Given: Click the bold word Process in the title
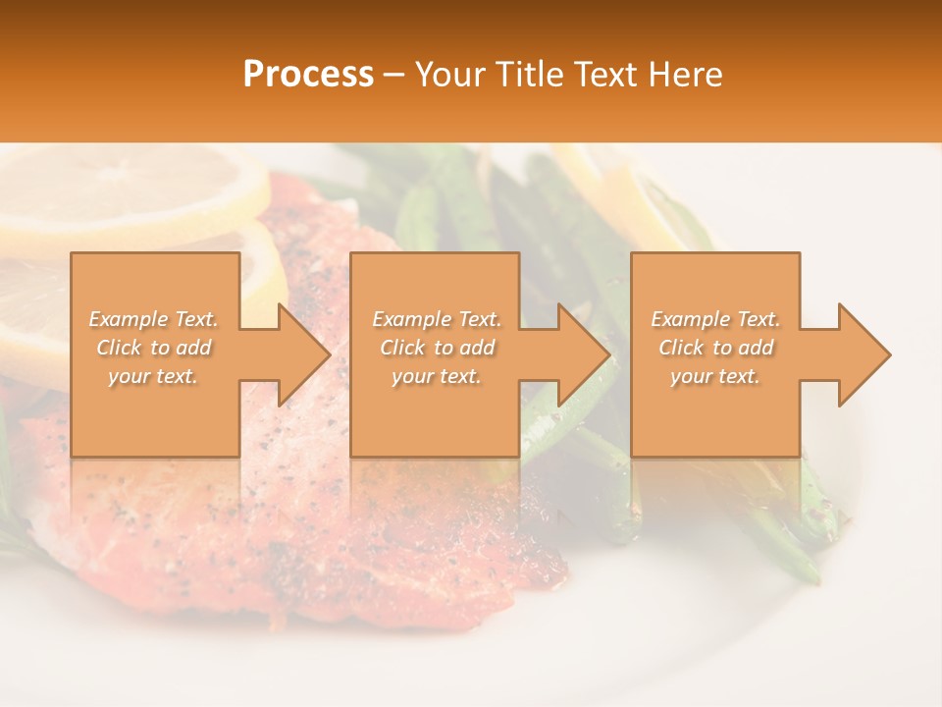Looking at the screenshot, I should point(308,75).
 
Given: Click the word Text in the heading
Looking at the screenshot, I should point(607,75).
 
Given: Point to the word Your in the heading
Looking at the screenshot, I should point(452,75).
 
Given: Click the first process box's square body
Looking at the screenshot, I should point(155,285).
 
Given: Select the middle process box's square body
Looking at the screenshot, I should point(435,285).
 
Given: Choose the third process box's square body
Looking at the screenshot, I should point(714,285).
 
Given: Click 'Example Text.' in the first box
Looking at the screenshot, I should point(153,319).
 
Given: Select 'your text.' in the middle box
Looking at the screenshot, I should point(436,376).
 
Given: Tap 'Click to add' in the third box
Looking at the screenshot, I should point(716,348).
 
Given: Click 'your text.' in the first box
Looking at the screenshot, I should point(153,376).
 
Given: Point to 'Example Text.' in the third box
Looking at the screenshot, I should point(715,319).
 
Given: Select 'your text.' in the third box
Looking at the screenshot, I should point(715,376).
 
